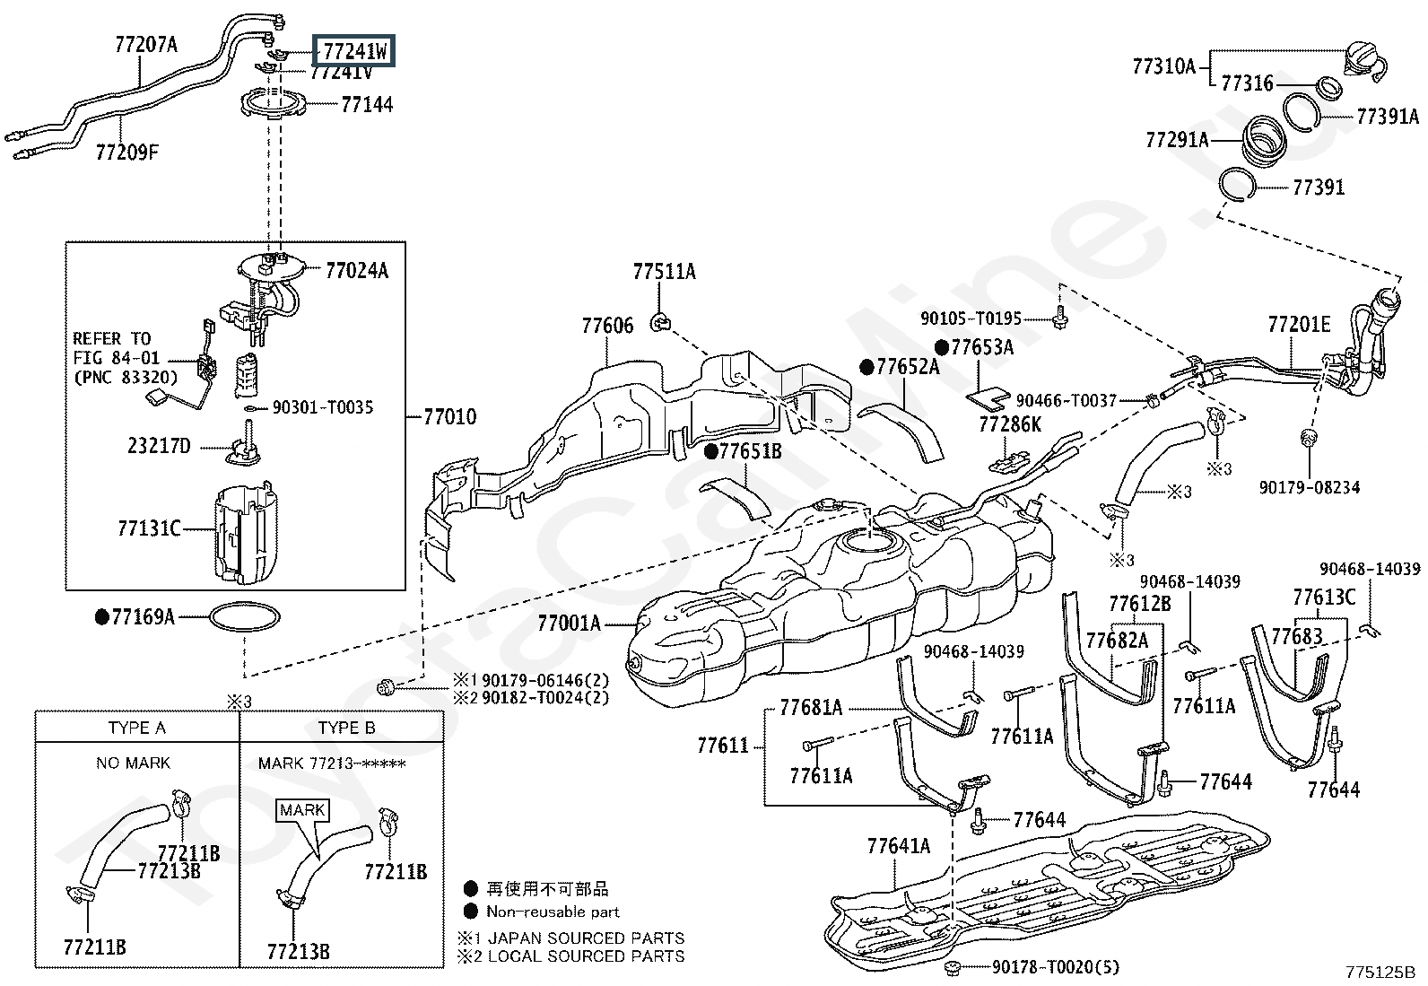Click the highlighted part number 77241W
[353, 51]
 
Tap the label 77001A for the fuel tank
[569, 623]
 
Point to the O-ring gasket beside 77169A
[245, 616]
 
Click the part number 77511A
[665, 272]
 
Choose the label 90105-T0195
[971, 318]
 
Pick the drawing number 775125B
[1380, 972]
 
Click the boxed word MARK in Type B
[302, 810]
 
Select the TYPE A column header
[137, 728]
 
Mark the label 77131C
[149, 528]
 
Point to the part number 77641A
[898, 846]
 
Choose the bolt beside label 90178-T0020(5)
[952, 968]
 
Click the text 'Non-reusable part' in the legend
[553, 912]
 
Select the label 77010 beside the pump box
[450, 417]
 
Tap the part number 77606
[607, 326]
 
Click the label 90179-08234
[1310, 488]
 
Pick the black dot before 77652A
[866, 367]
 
